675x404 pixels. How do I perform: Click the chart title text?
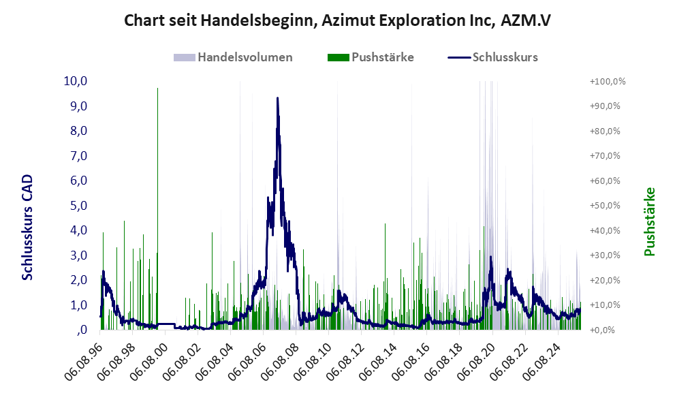[337, 20]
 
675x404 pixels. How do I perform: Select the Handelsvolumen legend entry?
[245, 57]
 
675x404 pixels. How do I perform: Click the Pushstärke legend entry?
[382, 57]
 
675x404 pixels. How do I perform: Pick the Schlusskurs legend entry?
[505, 57]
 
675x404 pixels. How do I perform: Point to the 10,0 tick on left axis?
[75, 81]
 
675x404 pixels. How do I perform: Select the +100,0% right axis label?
[608, 81]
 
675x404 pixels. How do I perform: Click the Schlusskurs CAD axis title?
[28, 227]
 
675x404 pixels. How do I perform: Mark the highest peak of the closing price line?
[277, 98]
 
